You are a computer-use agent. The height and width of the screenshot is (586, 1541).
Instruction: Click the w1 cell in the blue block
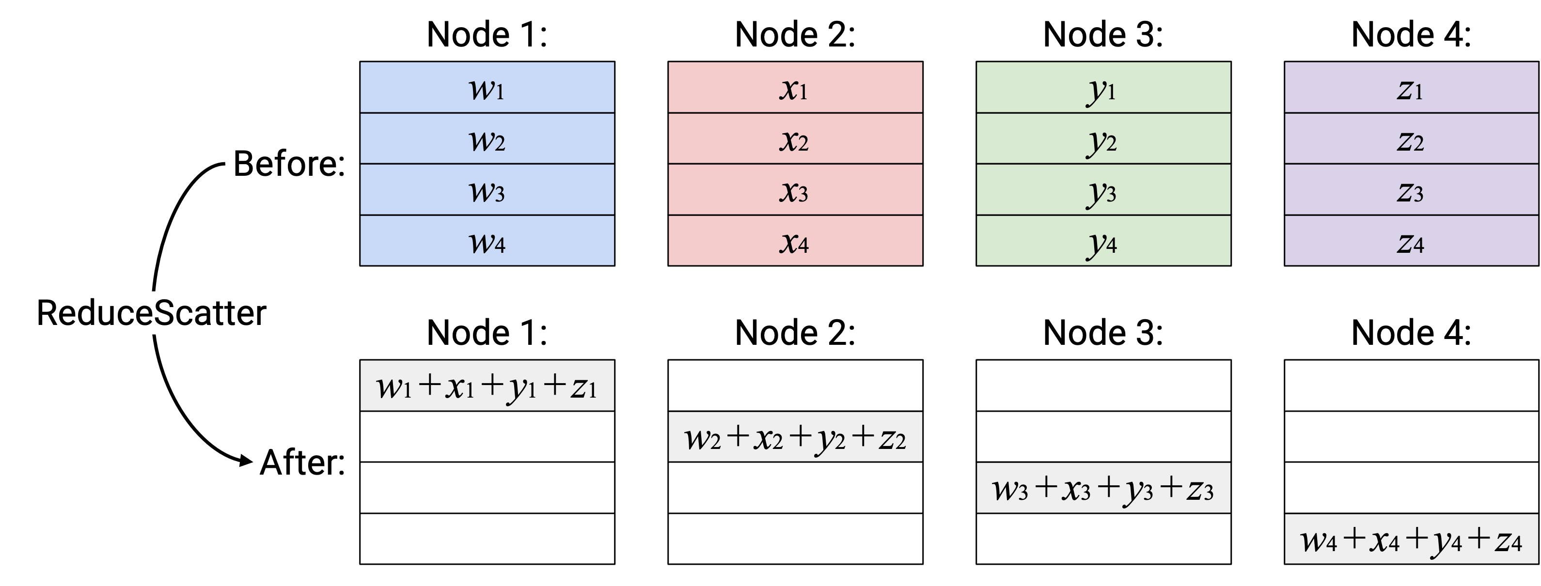click(487, 87)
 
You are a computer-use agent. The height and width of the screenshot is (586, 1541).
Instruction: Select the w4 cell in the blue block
click(487, 240)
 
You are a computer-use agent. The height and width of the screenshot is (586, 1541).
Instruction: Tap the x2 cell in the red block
click(795, 138)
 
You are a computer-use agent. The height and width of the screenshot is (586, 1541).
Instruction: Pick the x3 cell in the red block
click(795, 189)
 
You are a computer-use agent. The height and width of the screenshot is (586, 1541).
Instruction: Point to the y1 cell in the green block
click(1103, 87)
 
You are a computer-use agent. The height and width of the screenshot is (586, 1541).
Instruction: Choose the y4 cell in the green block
click(1103, 240)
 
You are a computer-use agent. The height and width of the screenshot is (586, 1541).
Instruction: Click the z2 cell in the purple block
click(1411, 138)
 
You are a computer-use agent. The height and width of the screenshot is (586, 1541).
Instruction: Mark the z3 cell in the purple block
click(1411, 189)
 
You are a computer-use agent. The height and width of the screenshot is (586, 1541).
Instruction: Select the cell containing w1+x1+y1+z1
click(487, 386)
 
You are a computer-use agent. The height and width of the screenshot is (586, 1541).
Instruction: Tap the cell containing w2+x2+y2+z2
click(795, 436)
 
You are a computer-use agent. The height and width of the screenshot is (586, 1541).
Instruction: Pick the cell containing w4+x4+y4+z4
click(1411, 539)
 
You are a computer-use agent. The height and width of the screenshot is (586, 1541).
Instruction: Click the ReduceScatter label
click(151, 313)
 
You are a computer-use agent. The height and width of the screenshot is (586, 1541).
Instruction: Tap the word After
click(302, 462)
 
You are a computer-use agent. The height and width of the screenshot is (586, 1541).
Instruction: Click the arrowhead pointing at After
click(246, 461)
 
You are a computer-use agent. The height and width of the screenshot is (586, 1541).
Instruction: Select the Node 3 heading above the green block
click(1103, 34)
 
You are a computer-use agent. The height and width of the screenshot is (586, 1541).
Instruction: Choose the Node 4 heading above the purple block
click(1411, 34)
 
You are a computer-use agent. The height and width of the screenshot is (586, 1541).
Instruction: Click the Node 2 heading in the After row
click(795, 332)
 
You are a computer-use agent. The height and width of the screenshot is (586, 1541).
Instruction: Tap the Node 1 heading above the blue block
click(487, 34)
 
